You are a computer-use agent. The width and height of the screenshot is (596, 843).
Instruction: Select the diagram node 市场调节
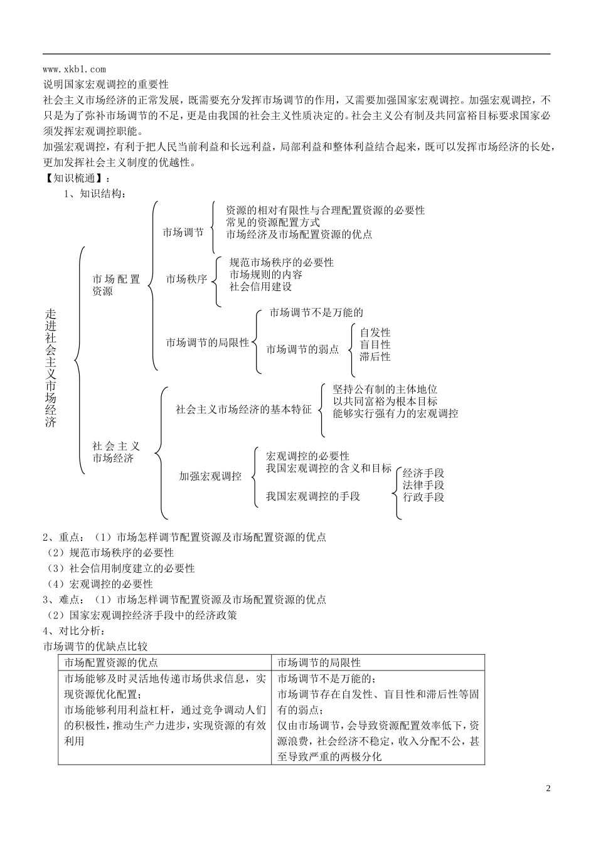click(x=183, y=233)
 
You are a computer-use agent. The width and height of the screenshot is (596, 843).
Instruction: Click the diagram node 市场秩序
click(x=186, y=279)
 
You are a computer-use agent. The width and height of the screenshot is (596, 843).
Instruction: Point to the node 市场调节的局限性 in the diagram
click(x=208, y=343)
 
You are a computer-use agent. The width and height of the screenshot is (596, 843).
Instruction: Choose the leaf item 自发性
click(x=375, y=332)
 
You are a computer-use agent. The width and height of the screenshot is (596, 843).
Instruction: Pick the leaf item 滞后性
click(x=375, y=356)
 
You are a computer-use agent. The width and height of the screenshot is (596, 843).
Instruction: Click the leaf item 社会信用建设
click(x=260, y=287)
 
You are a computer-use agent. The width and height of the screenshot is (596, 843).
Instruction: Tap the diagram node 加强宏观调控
click(x=210, y=476)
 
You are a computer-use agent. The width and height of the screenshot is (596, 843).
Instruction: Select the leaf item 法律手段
click(x=423, y=485)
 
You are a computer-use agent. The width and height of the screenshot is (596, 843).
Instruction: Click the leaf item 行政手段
click(x=423, y=497)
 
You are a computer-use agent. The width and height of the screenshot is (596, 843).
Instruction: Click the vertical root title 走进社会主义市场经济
click(x=51, y=368)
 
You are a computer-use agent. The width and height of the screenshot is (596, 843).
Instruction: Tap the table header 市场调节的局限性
click(x=319, y=662)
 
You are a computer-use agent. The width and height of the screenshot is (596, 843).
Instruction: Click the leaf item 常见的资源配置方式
click(x=273, y=222)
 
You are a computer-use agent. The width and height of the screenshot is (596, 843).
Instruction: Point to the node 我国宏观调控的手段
click(x=312, y=496)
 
